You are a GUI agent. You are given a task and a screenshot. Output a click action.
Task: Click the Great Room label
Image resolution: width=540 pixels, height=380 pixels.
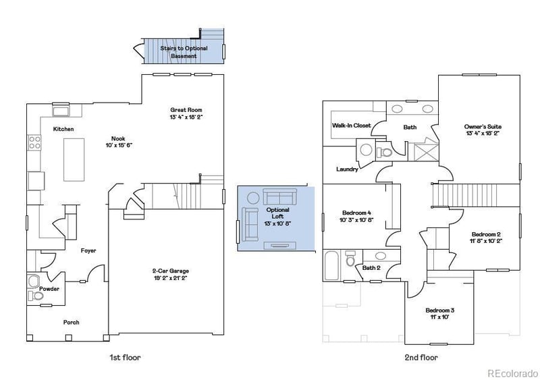point(186,110)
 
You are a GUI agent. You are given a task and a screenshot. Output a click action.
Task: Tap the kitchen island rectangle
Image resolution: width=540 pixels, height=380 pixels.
point(74,159)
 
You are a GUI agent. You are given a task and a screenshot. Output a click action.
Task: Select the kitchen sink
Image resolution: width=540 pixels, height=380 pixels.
point(61,111)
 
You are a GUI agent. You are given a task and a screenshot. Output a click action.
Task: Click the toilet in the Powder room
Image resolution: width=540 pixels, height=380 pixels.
point(34,281)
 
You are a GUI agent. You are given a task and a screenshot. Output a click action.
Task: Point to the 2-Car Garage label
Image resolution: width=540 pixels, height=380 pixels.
point(169,271)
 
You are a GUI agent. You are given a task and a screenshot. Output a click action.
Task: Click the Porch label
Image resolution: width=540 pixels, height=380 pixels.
point(71,323)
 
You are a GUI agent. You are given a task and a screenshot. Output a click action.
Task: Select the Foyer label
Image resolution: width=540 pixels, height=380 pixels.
point(88,250)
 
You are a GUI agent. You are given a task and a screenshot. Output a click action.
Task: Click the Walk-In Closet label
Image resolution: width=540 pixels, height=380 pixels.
point(351,126)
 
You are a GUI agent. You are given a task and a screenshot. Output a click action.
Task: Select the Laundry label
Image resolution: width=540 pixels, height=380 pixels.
point(347,169)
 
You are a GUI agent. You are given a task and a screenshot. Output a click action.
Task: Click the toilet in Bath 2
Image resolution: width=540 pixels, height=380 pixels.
point(350,260)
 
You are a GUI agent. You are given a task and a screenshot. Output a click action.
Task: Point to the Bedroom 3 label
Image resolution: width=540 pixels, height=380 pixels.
point(439,310)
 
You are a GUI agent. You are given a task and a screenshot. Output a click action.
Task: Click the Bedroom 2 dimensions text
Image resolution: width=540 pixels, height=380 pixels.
point(485,240)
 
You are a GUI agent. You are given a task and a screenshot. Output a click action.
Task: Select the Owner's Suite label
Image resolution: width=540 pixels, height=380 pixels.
point(483,126)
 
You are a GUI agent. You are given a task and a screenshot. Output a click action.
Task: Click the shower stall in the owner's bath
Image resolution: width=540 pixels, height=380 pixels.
point(425,151)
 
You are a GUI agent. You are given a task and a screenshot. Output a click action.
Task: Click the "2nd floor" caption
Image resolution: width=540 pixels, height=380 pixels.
point(422,357)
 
